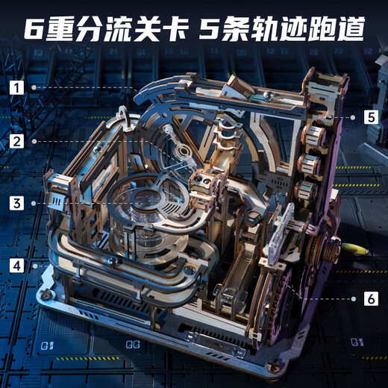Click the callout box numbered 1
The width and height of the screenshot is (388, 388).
click(16, 87)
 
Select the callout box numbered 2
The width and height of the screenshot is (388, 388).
click(16, 140)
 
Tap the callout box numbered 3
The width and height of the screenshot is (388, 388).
click(16, 202)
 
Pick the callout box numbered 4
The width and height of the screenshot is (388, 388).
click(16, 265)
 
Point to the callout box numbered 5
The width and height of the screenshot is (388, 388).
click(371, 116)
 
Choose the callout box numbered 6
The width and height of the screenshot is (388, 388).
click(371, 298)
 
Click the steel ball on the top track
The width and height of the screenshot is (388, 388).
click(266, 95)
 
